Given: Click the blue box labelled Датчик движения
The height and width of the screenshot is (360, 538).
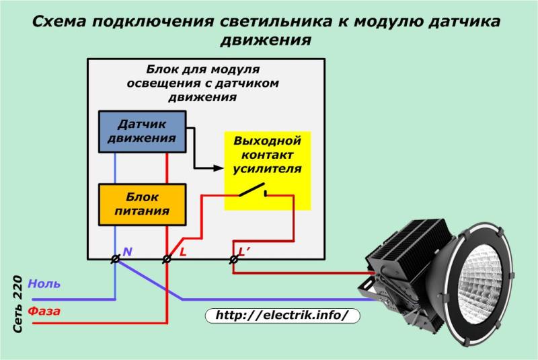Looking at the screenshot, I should [x=142, y=131].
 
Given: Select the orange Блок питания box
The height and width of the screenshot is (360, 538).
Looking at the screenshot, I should [x=142, y=204].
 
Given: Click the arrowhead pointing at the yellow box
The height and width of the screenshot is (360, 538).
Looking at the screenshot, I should [x=218, y=168].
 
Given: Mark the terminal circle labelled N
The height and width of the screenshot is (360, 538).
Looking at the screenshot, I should [x=115, y=258].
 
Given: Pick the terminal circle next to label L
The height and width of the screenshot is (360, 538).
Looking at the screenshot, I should [x=167, y=258].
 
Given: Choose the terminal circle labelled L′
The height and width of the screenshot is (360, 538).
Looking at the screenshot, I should [x=233, y=258].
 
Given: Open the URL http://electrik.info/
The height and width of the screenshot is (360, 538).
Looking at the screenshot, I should [x=282, y=315].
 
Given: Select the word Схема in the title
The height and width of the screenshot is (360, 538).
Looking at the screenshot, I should [x=61, y=22].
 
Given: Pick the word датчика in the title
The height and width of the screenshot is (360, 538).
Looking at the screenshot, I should [x=463, y=22].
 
